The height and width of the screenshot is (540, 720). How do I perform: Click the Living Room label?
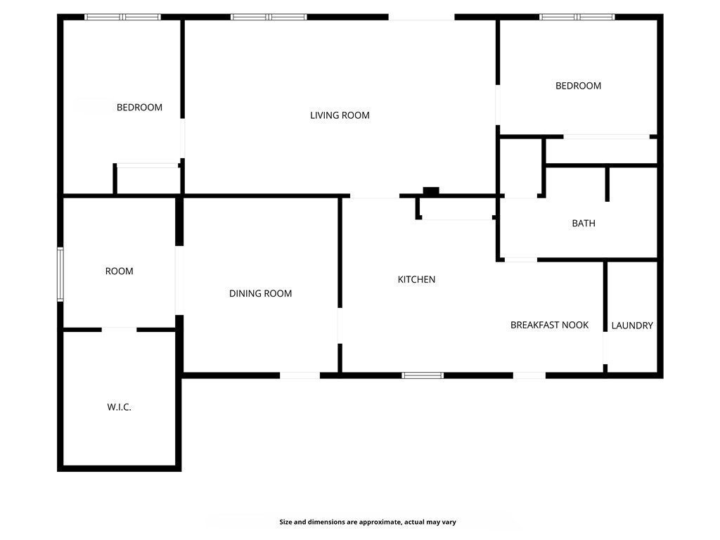(340, 115)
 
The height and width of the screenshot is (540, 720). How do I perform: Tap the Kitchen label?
(416, 280)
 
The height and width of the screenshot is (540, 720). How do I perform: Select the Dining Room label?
(260, 294)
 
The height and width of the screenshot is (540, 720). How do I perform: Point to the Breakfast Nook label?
(549, 325)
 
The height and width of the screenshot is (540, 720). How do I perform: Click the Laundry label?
(632, 326)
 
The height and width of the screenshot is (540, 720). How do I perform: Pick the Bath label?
(583, 224)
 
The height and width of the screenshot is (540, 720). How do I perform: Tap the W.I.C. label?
(119, 407)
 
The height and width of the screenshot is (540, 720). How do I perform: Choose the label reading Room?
(119, 271)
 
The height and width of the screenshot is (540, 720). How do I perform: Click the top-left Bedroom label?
(139, 108)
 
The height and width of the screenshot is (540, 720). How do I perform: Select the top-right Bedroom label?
(578, 86)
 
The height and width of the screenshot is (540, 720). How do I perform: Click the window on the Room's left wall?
(60, 274)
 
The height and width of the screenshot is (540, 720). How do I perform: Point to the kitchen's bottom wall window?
(423, 375)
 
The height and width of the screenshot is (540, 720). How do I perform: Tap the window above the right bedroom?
(577, 17)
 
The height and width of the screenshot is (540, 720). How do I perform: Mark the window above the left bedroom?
(122, 17)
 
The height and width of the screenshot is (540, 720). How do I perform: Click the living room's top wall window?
(269, 17)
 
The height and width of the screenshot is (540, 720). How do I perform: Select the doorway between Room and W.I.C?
(119, 329)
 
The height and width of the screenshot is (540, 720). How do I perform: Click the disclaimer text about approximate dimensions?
(368, 522)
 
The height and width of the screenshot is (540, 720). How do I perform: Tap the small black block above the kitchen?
(431, 191)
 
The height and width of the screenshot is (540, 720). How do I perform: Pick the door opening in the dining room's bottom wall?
(300, 375)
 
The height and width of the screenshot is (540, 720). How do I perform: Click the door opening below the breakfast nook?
(529, 375)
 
